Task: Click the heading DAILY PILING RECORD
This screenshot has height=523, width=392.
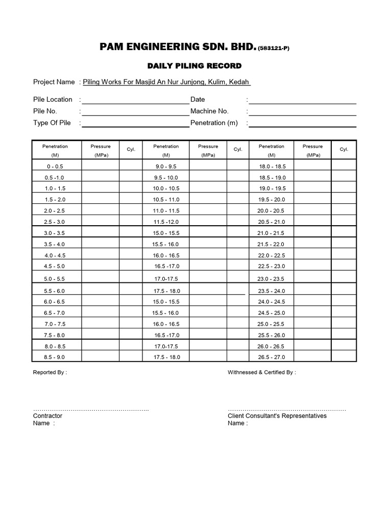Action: click(194, 66)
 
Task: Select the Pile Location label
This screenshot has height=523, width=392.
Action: click(53, 99)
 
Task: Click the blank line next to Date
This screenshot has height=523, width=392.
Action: click(302, 100)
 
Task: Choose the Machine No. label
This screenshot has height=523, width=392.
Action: click(209, 111)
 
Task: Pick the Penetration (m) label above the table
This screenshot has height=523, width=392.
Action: click(214, 123)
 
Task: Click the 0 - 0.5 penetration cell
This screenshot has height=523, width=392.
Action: click(55, 167)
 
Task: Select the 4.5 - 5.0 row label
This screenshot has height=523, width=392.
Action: click(55, 266)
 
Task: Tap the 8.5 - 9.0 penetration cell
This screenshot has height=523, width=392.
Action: click(55, 357)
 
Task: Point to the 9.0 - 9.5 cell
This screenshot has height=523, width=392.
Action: click(166, 167)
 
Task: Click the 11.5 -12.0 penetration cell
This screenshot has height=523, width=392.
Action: click(166, 222)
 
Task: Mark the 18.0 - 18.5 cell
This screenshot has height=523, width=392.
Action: click(272, 167)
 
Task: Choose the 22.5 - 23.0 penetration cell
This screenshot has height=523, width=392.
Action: click(272, 266)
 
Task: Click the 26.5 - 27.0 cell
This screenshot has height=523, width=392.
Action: click(272, 357)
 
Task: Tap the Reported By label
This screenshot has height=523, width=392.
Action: click(50, 372)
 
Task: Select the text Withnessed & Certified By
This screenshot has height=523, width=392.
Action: click(261, 372)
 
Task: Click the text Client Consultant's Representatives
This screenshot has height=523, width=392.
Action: click(277, 416)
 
